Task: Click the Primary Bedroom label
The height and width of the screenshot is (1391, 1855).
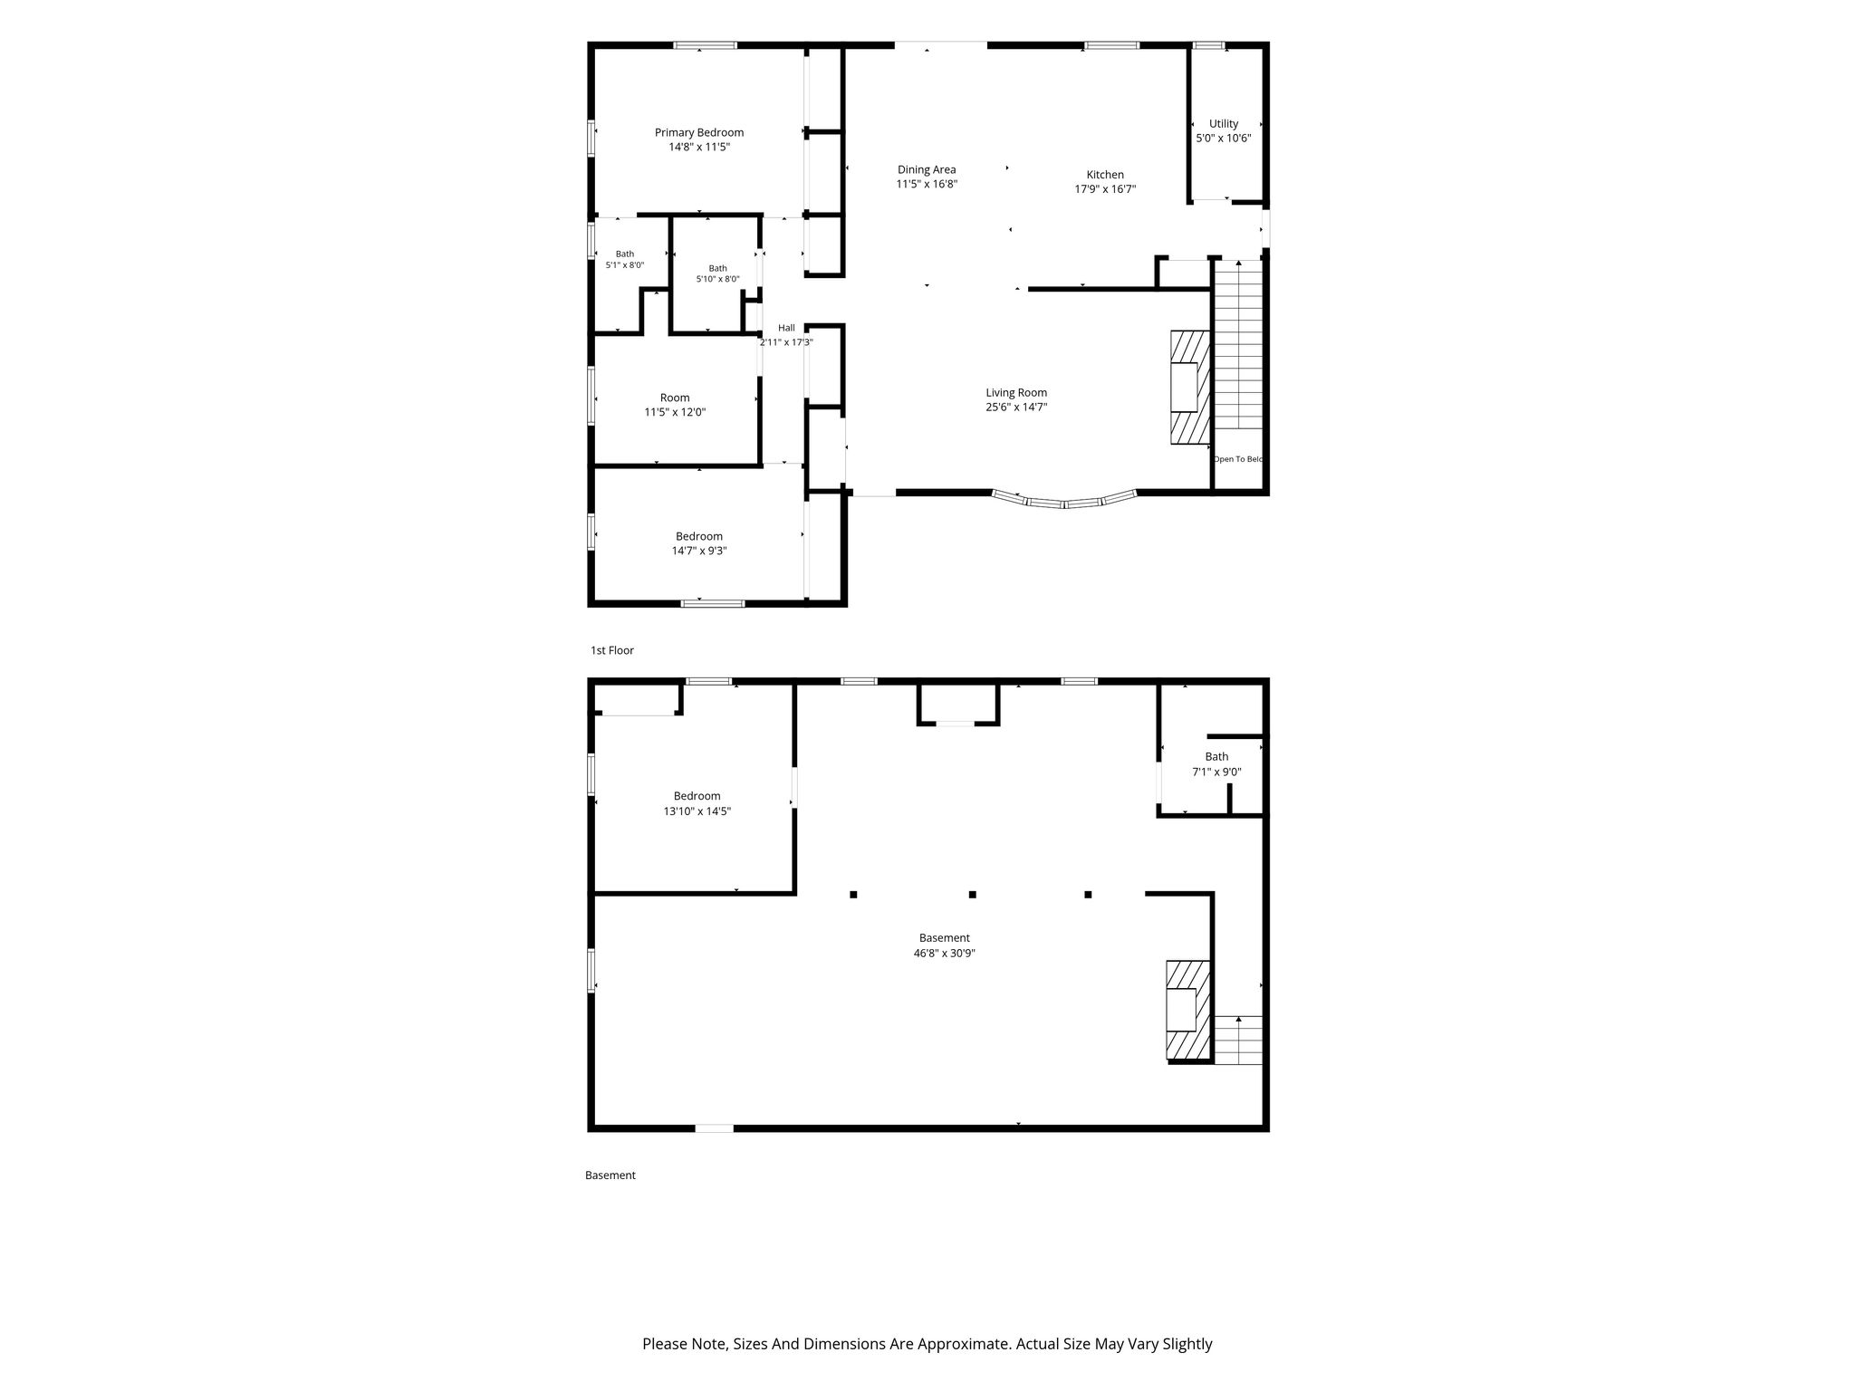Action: click(699, 132)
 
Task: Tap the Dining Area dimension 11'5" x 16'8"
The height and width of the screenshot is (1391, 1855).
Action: click(927, 184)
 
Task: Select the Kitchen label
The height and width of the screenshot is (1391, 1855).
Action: click(1105, 175)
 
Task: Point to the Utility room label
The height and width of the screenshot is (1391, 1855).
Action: click(1224, 124)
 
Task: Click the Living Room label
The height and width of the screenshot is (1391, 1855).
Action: click(1016, 393)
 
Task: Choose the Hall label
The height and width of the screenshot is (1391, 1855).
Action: click(786, 328)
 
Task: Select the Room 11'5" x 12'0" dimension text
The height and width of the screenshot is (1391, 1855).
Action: click(675, 412)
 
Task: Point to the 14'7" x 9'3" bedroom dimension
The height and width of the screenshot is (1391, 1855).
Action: click(699, 551)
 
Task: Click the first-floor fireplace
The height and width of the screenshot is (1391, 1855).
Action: click(1190, 388)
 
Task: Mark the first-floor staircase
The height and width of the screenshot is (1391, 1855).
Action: click(1238, 345)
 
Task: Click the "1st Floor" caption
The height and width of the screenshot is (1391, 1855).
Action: click(612, 650)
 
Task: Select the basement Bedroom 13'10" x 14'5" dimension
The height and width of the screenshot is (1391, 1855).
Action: click(697, 811)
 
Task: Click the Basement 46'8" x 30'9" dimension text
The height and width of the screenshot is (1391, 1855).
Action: click(945, 953)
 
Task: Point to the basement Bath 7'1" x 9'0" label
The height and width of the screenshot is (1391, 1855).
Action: click(1216, 757)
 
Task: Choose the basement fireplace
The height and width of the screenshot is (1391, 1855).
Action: click(1188, 1011)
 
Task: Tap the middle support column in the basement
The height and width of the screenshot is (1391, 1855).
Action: click(972, 895)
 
